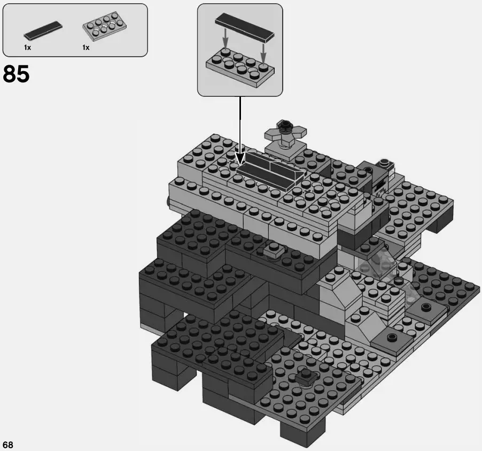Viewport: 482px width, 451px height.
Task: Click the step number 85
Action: click(x=16, y=74)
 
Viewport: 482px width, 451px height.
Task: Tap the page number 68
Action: click(x=8, y=445)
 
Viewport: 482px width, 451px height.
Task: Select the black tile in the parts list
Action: click(x=42, y=30)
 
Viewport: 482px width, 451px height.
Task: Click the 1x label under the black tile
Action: click(x=27, y=48)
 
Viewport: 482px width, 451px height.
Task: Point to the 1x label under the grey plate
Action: click(x=85, y=48)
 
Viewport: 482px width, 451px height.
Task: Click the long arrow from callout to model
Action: click(x=240, y=128)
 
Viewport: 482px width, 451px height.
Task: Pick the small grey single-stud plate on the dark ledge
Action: click(x=273, y=250)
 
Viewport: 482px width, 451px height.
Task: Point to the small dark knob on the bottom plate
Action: click(x=306, y=376)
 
